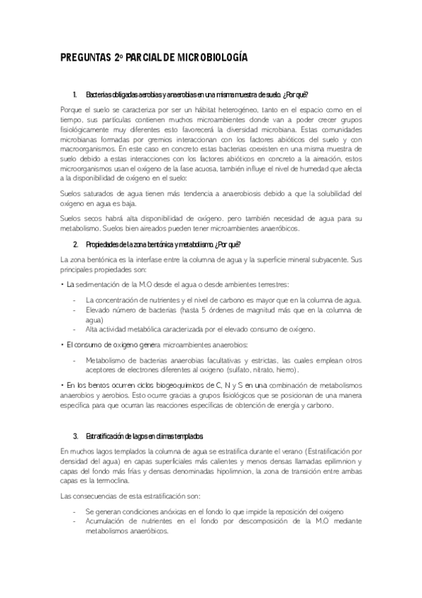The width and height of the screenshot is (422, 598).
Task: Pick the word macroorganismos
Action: click(x=86, y=149)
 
